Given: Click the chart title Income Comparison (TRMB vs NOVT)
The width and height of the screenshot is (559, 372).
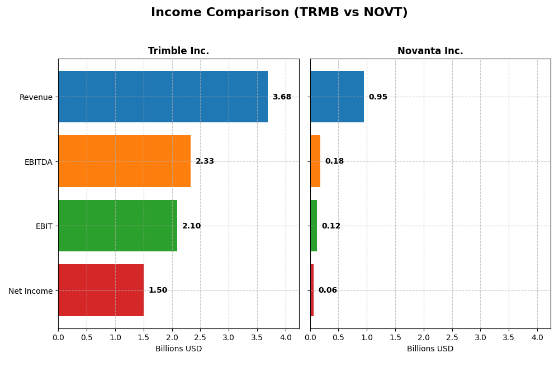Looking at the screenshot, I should (279, 12).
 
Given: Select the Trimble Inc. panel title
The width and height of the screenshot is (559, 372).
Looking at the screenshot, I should (178, 51).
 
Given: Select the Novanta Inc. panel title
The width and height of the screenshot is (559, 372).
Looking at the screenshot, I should (430, 51).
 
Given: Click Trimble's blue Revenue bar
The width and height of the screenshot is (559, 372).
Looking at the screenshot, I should (163, 97).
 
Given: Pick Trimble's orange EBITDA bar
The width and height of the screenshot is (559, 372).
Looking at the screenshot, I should (124, 161).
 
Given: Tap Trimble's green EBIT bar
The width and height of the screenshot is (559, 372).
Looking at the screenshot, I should (117, 226).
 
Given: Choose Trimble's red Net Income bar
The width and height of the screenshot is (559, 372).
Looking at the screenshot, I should (101, 290).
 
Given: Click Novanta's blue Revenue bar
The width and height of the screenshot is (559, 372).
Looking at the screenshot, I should (337, 97).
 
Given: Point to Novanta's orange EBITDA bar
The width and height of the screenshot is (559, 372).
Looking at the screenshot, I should (315, 161).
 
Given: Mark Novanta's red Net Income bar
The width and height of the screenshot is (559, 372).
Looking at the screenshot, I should (312, 290).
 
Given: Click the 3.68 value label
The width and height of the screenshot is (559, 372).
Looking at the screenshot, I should (282, 97).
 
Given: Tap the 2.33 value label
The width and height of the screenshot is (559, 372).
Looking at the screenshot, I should (205, 161).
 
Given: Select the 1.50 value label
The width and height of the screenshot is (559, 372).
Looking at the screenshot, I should (158, 290).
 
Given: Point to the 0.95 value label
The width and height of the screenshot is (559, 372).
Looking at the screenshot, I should (378, 97).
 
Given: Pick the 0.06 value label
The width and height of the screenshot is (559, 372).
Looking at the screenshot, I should (328, 290).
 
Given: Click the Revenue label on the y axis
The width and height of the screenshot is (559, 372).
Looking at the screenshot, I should (36, 97).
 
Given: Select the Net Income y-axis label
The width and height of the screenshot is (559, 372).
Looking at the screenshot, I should (30, 291).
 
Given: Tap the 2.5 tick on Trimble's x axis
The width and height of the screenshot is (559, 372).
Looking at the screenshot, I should (200, 338).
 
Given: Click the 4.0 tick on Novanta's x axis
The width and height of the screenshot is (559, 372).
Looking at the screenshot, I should (537, 338).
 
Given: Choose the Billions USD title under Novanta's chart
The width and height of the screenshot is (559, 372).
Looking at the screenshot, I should (430, 349).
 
